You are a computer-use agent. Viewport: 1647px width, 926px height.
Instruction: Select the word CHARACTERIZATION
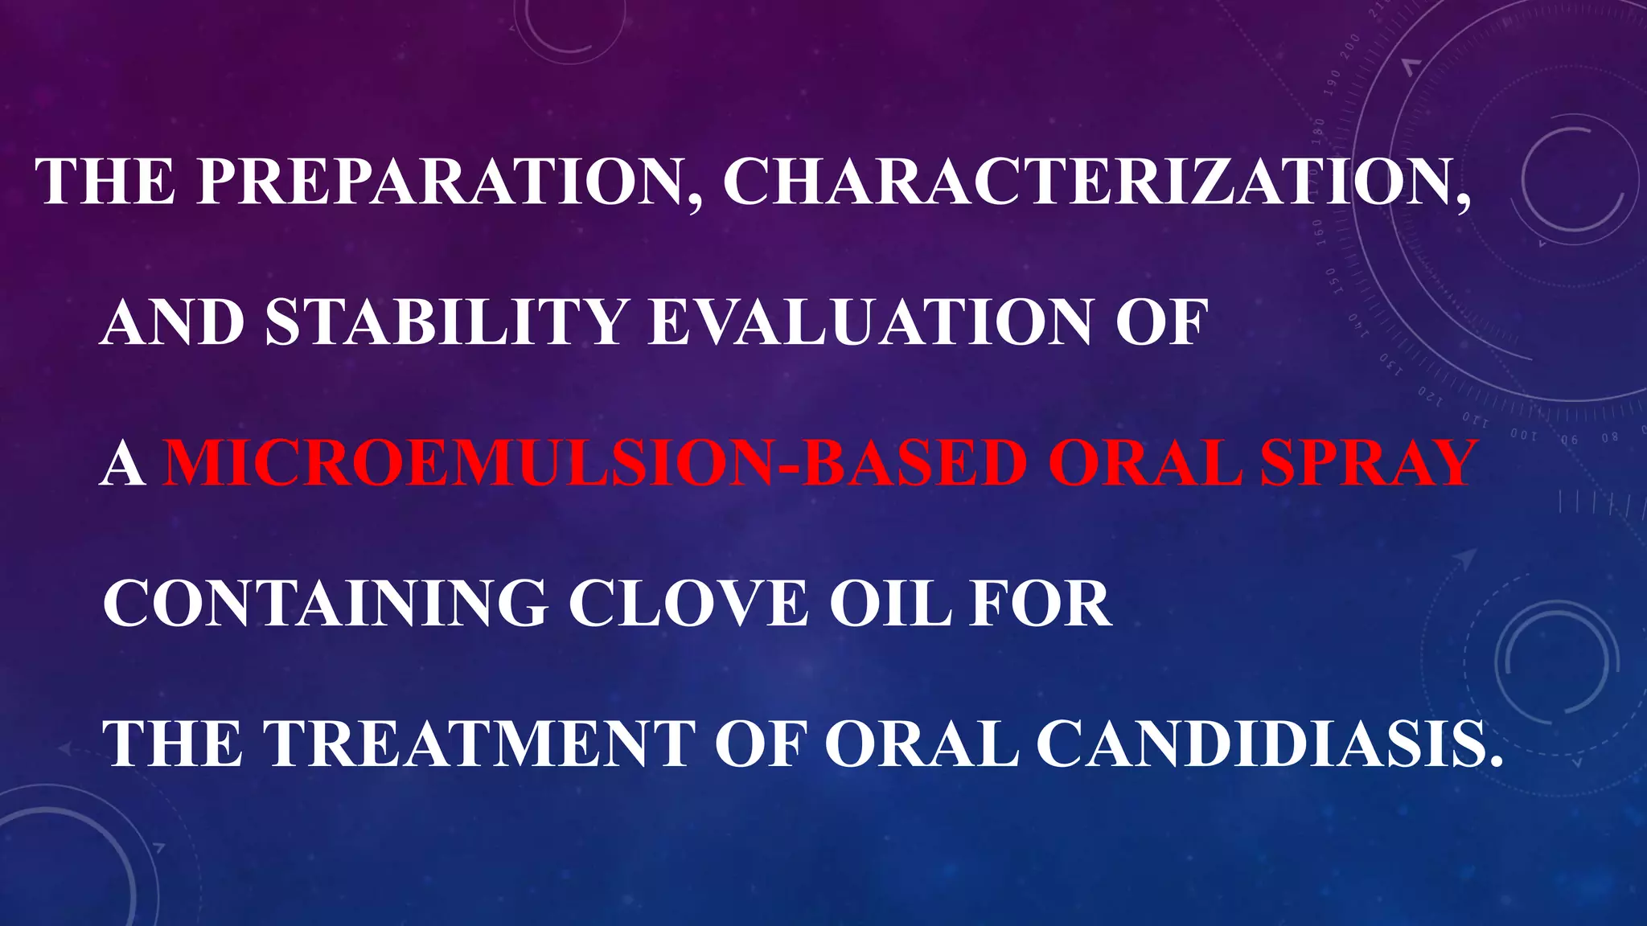click(x=1097, y=182)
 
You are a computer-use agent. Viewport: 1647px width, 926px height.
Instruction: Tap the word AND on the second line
click(x=173, y=322)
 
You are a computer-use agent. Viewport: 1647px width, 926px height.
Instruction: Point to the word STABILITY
click(x=447, y=322)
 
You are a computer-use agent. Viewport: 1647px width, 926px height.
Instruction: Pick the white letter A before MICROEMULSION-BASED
click(x=123, y=464)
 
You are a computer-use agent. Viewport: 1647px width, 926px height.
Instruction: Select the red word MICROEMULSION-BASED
click(x=596, y=464)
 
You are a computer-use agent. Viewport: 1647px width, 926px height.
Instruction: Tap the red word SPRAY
click(x=1367, y=464)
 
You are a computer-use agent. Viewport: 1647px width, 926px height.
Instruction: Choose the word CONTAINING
click(x=326, y=604)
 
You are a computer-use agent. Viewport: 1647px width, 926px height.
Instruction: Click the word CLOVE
click(x=688, y=604)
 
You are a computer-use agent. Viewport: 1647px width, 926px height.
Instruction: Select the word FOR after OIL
click(x=1041, y=604)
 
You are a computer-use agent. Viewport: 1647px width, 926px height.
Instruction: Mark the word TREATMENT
click(x=480, y=744)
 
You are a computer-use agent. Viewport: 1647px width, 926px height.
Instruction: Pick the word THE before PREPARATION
click(x=105, y=182)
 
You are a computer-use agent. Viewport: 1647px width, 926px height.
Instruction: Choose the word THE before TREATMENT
click(x=173, y=744)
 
